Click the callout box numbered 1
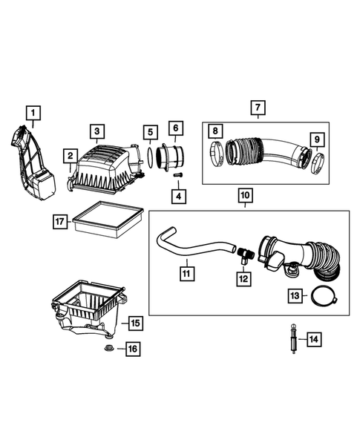click(x=33, y=113)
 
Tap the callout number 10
click(x=245, y=197)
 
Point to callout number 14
click(x=315, y=339)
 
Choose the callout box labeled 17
click(x=60, y=221)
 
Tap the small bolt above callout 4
click(x=178, y=175)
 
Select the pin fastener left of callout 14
click(x=293, y=339)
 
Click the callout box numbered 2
click(x=69, y=157)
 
